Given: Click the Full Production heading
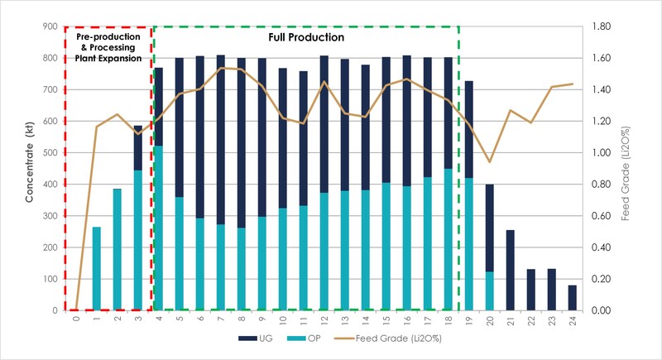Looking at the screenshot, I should [x=306, y=37].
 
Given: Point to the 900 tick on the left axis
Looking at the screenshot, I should [x=50, y=26].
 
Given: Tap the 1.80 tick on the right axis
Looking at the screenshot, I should [x=598, y=26].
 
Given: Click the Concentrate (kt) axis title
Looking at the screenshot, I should [x=29, y=170].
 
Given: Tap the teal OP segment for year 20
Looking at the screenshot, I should [x=489, y=290].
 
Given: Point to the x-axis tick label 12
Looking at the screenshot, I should [x=324, y=319].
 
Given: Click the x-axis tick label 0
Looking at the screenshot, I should [x=76, y=319].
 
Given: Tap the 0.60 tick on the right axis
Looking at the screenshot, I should [x=598, y=216].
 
